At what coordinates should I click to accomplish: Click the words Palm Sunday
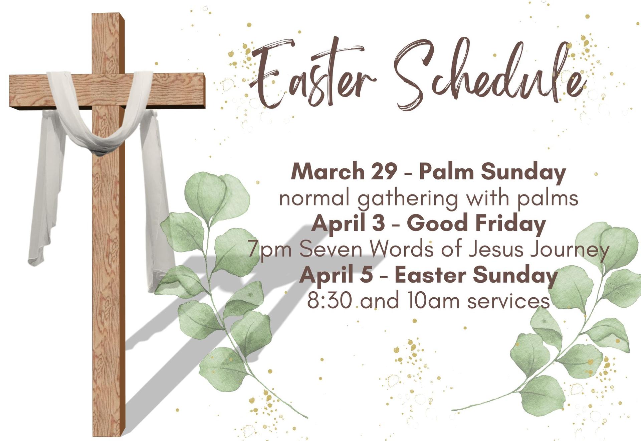click(492, 172)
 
